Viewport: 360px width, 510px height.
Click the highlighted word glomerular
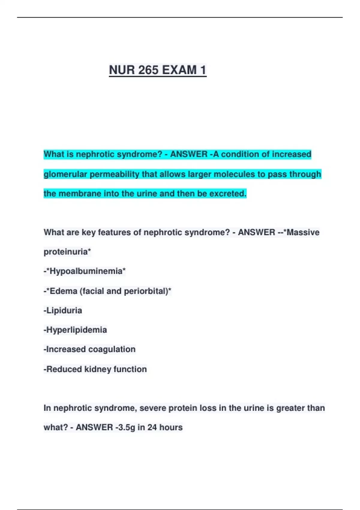65,174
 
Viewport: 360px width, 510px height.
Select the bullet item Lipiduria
64,310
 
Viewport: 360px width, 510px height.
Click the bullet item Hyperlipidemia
76,330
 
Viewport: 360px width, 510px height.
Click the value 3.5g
127,427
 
